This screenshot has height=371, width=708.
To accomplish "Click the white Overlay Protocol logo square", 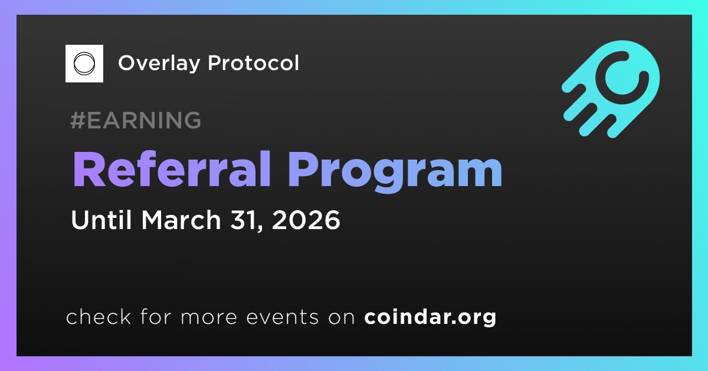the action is pos(84,64).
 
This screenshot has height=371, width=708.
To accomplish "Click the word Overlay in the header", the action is pos(159,64).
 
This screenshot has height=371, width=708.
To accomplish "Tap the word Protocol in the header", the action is pos(253,63).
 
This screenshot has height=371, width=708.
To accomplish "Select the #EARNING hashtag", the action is pos(136,120).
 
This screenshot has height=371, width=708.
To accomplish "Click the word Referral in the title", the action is pos(172,169).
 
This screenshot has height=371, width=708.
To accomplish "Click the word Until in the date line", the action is pos(101,220).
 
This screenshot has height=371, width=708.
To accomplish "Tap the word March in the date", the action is pos(181,220).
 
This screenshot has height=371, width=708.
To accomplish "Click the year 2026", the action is pos(306,220).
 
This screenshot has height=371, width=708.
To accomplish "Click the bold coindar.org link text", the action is pos(430,317).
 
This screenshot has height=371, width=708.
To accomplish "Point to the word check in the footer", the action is pos(99,316).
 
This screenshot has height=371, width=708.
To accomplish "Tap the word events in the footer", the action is pos(282,317).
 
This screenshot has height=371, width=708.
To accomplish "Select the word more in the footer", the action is pos(209,317).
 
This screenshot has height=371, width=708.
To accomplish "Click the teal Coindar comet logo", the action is pos(611,89).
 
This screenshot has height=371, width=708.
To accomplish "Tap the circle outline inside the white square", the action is pos(84,64).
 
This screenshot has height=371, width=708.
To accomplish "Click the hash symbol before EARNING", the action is pos(77,120).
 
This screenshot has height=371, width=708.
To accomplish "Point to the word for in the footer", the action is pos(156,316).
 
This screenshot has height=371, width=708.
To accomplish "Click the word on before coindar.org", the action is pos(342,317).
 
